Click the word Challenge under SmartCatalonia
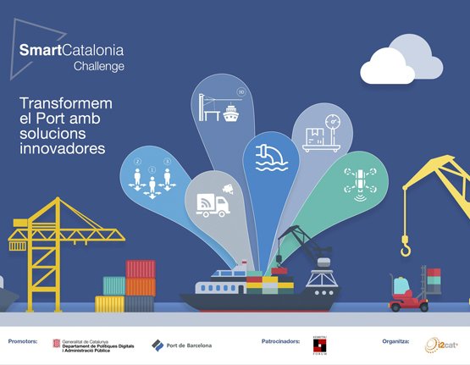point(98,65)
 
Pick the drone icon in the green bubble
point(359,180)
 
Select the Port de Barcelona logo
point(182,345)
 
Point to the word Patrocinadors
point(281,341)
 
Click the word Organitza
point(395,341)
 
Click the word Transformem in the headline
point(65,104)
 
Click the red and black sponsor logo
point(320,344)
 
